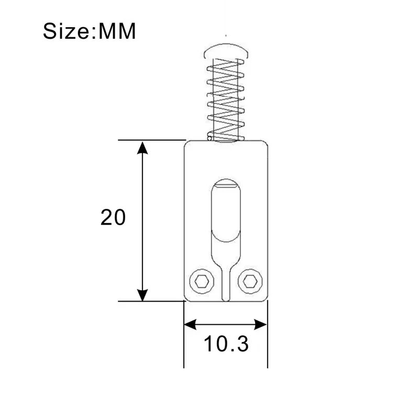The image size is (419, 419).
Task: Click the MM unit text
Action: point(115,31)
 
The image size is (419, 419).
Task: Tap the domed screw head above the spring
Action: point(226,51)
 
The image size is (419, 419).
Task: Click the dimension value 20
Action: point(113,217)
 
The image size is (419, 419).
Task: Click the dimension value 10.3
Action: point(226,345)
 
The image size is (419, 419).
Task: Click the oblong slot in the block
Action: point(226,210)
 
